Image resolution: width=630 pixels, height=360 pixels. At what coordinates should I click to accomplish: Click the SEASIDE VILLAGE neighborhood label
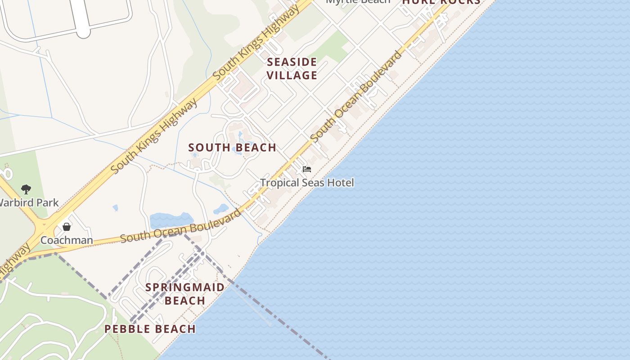(x=292, y=68)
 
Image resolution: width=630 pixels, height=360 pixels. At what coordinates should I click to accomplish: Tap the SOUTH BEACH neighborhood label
(x=232, y=148)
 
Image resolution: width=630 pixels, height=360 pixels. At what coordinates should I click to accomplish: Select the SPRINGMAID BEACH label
(x=185, y=293)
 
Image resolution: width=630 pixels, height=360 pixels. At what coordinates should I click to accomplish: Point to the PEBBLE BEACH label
(x=150, y=329)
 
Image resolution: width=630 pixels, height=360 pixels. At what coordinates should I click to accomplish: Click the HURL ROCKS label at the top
(x=441, y=2)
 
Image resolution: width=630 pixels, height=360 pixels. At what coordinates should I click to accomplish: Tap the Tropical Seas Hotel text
(x=307, y=183)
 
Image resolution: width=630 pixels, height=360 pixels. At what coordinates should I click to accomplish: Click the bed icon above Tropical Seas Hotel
(x=307, y=169)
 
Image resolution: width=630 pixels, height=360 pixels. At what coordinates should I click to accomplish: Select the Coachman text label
(x=67, y=240)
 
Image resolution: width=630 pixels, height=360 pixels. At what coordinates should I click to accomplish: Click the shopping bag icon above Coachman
(x=67, y=227)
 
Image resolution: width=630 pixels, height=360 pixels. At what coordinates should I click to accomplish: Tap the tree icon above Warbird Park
(x=26, y=189)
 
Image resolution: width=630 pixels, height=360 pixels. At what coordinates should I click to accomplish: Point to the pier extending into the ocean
(x=252, y=306)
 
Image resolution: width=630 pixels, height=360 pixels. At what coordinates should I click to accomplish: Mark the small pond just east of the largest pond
(x=221, y=209)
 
